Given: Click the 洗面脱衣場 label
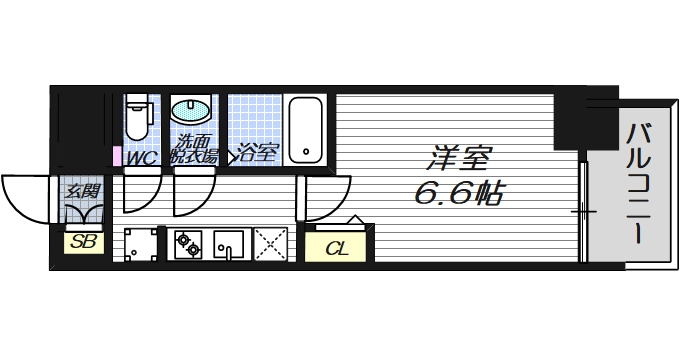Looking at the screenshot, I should (x=195, y=149).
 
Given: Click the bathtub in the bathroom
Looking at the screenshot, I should (x=306, y=129).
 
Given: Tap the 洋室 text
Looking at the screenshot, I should (x=461, y=158).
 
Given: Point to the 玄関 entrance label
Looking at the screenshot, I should (x=82, y=190).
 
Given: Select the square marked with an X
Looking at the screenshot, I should (x=269, y=243).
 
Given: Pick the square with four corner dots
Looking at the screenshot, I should (x=143, y=243).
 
